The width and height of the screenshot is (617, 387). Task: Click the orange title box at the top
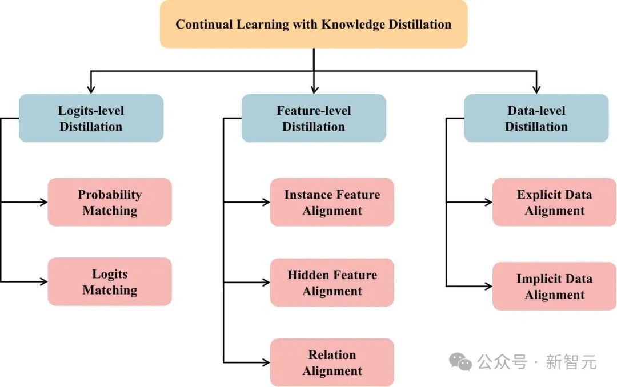click(314, 24)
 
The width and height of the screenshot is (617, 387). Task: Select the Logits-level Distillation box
click(91, 118)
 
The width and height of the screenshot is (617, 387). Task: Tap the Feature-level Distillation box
click(314, 118)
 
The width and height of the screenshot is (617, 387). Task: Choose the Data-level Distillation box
click(536, 118)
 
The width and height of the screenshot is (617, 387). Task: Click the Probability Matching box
click(110, 202)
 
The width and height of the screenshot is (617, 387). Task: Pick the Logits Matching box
click(110, 281)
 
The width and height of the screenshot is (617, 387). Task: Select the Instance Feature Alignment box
click(332, 202)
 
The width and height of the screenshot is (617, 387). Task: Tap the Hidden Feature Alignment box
click(332, 283)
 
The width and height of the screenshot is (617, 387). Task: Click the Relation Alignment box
click(332, 362)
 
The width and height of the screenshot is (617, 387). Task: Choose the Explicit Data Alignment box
click(554, 202)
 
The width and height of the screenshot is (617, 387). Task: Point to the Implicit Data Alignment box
click(554, 286)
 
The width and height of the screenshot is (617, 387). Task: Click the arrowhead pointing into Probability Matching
click(43, 202)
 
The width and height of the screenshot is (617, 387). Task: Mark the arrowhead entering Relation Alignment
click(266, 362)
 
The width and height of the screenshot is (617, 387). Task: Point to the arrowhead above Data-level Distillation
click(536, 90)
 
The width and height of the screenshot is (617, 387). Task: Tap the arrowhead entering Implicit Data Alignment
click(488, 286)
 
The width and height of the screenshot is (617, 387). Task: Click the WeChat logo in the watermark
click(460, 362)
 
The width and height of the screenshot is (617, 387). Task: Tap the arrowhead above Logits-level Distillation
click(91, 90)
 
